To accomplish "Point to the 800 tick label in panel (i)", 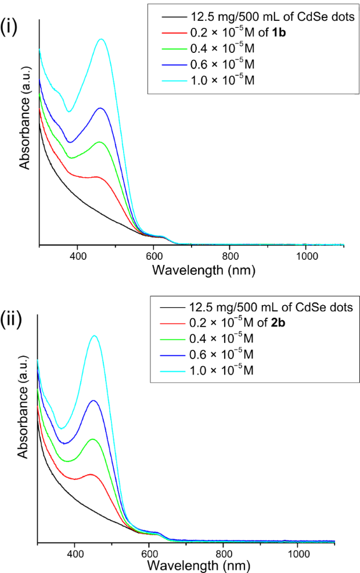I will pyautogui.click(x=230, y=256).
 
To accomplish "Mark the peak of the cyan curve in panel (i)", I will pyautogui.click(x=102, y=39).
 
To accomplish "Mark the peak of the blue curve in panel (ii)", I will pyautogui.click(x=93, y=400).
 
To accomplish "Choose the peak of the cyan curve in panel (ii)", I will pyautogui.click(x=93, y=335).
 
